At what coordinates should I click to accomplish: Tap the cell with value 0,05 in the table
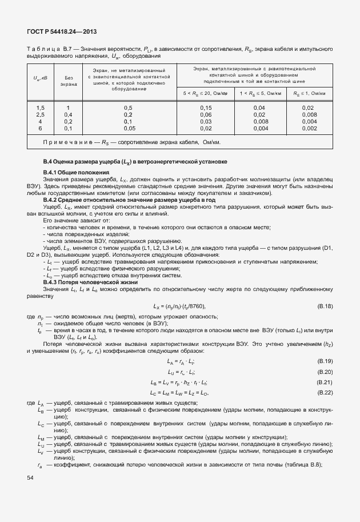pos(128,128)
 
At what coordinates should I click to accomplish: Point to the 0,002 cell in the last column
pos(309,128)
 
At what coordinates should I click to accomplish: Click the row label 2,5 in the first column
pos(41,114)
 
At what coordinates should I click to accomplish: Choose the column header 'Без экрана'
pos(69,80)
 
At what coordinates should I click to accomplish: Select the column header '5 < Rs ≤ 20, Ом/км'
pos(206,93)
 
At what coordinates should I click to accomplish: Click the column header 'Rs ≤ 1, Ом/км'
pos(309,93)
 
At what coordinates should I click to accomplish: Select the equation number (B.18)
pos(324,306)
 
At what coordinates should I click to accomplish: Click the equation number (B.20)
pos(324,372)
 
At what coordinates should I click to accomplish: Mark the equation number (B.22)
pos(324,392)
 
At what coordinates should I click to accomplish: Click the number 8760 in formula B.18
pos(196,306)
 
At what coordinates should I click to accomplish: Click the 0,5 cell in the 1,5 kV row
pos(128,107)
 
